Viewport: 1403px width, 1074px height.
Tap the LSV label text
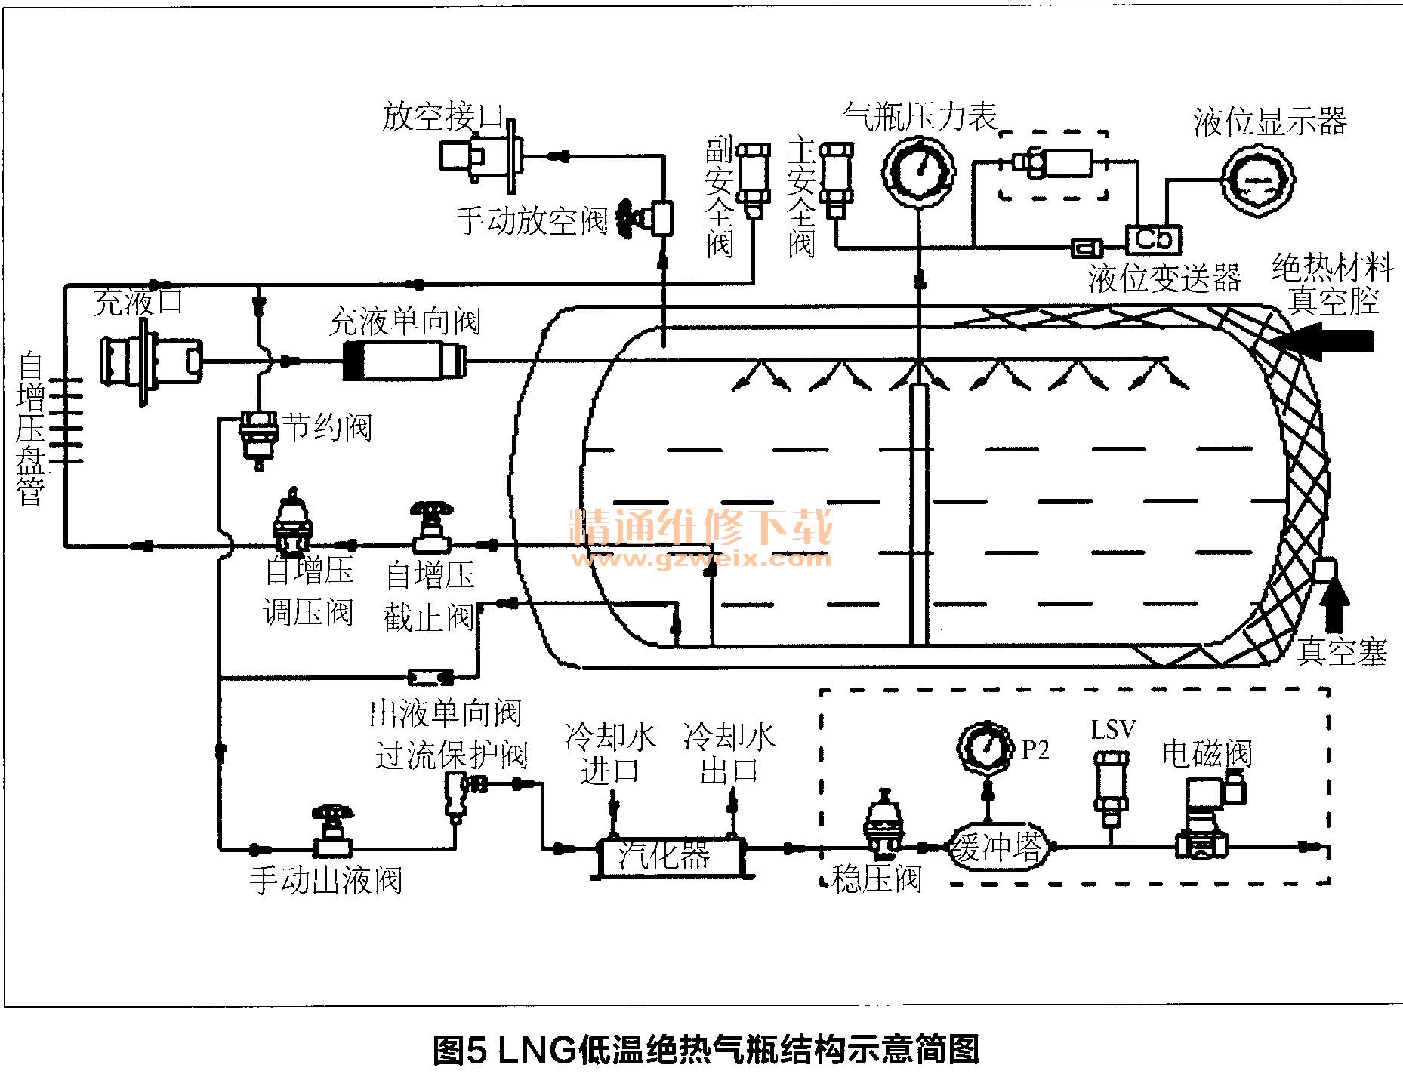pyautogui.click(x=1113, y=730)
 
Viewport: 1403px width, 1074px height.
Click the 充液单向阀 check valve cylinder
pyautogui.click(x=404, y=361)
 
